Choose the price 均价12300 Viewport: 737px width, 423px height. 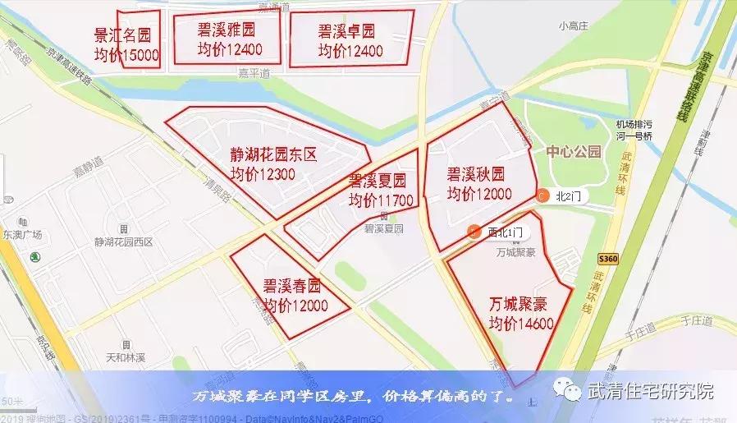(x=263, y=174)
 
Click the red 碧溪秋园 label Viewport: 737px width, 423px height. (x=475, y=173)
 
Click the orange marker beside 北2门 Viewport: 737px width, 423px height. (x=542, y=195)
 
